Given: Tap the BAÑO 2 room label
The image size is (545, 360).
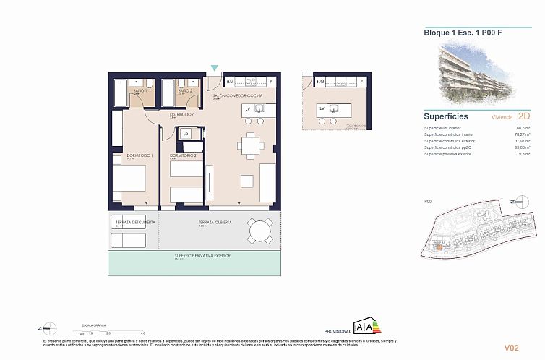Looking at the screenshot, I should click(182, 91).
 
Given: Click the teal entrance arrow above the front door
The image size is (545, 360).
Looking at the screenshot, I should click(214, 67).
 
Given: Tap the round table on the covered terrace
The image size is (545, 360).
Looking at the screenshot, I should click(259, 231).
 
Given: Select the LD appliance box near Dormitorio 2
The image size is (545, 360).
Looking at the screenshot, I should click(186, 134).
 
